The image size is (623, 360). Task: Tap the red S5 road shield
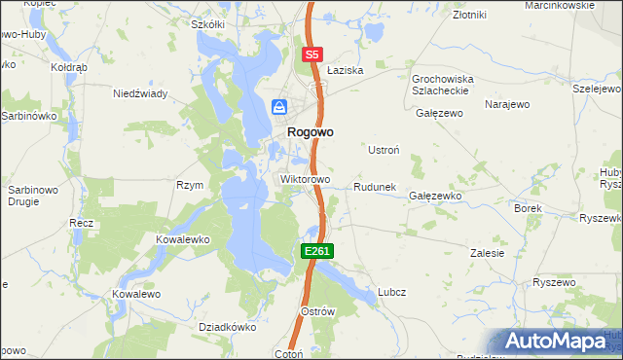312,55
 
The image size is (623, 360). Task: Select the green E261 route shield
317,251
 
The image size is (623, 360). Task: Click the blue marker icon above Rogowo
279,107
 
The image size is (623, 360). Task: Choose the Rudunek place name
374,187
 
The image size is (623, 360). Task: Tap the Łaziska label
345,71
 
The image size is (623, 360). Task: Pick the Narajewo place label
506,102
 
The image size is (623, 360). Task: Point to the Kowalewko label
183,238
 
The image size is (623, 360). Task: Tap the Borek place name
528,208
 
